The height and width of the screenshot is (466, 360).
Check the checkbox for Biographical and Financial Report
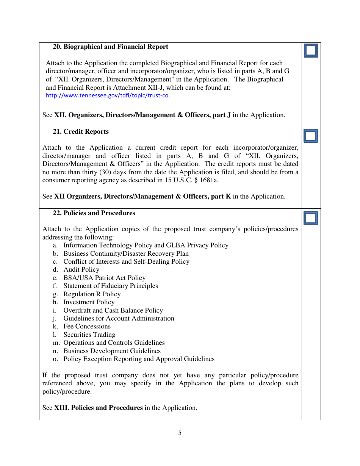pyautogui.click(x=311, y=51)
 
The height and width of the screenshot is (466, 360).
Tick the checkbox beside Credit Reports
pyautogui.click(x=311, y=136)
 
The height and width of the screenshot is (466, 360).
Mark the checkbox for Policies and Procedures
pyautogui.click(x=311, y=218)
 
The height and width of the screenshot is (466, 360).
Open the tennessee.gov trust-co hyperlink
pyautogui.click(x=107, y=96)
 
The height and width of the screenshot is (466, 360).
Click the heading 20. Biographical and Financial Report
pyautogui.click(x=110, y=47)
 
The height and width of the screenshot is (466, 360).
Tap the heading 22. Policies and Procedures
pyautogui.click(x=94, y=213)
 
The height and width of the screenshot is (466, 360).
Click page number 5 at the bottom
pyautogui.click(x=180, y=433)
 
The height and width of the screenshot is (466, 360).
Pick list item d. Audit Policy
pyautogui.click(x=81, y=270)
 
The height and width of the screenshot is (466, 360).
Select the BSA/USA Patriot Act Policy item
pyautogui.click(x=104, y=278)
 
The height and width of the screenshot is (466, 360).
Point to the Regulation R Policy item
pyautogui.click(x=92, y=294)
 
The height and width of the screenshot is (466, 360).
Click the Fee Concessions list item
pyautogui.click(x=87, y=327)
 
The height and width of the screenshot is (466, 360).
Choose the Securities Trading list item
pyautogui.click(x=89, y=335)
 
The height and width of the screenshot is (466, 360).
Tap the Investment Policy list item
pyautogui.click(x=89, y=302)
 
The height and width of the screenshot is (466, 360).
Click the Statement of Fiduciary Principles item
pyautogui.click(x=110, y=286)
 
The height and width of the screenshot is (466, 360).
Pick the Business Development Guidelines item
pyautogui.click(x=112, y=351)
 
